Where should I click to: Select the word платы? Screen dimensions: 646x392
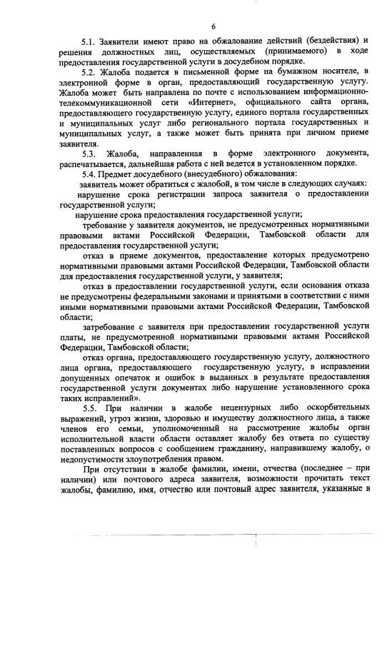74,335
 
